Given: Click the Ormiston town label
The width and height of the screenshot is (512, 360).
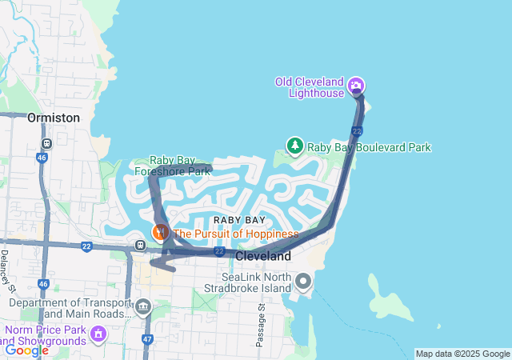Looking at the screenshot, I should (x=54, y=118).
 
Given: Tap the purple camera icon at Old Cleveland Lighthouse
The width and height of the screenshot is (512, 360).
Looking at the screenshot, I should (x=357, y=86).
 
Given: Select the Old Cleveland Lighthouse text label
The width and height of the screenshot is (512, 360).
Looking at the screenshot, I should (x=309, y=86).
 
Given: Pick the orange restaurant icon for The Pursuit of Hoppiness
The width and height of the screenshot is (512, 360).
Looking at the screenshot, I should (x=160, y=233).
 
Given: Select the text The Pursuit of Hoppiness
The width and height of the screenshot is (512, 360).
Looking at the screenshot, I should (x=235, y=234).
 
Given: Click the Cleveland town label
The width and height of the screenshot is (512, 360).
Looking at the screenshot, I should (x=263, y=257).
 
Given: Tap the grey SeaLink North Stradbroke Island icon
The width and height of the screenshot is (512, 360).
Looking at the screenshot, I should (x=303, y=281).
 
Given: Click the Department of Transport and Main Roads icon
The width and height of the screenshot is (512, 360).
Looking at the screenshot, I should (x=143, y=306).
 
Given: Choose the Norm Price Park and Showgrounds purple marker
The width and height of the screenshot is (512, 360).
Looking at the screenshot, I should (x=98, y=333).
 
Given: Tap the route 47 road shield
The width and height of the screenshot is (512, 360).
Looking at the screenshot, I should (x=147, y=339).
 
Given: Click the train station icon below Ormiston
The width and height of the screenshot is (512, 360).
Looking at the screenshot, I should (x=46, y=144).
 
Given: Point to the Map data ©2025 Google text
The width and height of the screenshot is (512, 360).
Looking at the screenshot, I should (x=462, y=354).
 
